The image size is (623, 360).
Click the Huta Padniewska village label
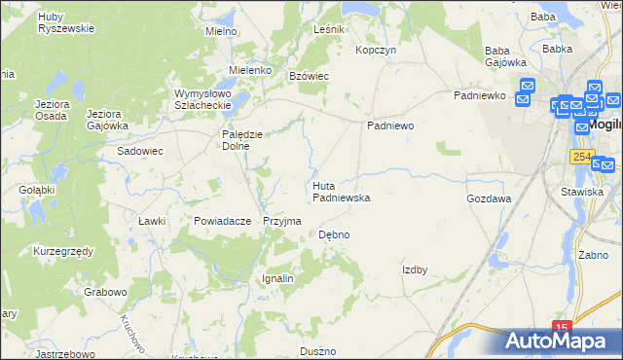341,191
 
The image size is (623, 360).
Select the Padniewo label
390,126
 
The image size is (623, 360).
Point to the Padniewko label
478,95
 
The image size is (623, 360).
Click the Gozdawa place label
489,198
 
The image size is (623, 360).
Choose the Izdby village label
415,270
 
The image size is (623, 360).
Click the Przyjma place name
281,221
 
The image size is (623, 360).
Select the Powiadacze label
223,221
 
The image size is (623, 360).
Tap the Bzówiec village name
310,75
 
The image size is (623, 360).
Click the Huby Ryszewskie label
65,22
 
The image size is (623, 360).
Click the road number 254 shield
582,157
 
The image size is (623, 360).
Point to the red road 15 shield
562,328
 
